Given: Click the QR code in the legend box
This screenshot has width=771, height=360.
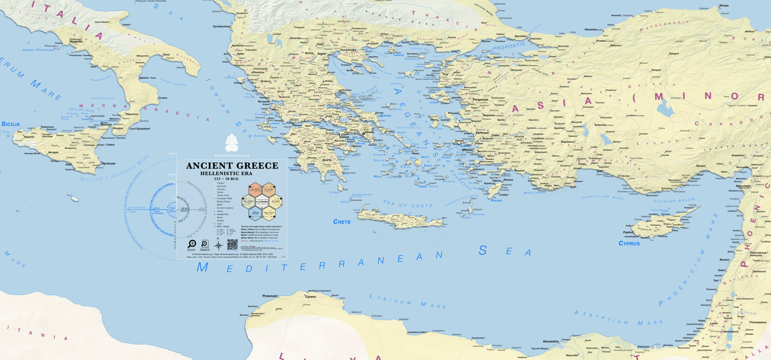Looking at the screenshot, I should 232,244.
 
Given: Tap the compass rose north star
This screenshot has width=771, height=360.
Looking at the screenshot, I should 218,246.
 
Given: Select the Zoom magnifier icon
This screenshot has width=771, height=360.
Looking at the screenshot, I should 192,244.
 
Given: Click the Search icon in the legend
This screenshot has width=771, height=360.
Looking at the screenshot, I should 205,244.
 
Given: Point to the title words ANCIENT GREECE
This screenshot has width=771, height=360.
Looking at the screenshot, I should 232,166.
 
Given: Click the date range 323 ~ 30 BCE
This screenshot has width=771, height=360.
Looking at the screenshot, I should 226,179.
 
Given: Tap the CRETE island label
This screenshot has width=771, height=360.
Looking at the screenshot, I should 342,222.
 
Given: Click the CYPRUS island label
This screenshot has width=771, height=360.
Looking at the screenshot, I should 629,244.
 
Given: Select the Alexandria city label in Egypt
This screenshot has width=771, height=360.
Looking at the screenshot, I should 550,342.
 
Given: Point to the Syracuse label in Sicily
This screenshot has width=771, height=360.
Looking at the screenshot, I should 108,163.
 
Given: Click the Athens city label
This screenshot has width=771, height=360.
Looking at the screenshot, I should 369,132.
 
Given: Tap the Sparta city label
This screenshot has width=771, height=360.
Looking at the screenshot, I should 327,160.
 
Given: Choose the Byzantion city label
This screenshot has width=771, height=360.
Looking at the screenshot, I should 521,37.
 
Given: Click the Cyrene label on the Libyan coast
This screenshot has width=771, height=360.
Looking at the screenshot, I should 311,297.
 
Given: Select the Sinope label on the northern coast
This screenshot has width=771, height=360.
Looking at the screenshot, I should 724,6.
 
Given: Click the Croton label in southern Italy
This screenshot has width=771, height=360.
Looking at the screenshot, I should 163,98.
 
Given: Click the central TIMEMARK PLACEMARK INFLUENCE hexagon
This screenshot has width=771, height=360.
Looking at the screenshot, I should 262,202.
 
